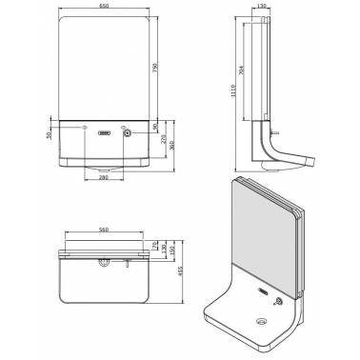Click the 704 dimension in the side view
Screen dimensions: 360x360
239,69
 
